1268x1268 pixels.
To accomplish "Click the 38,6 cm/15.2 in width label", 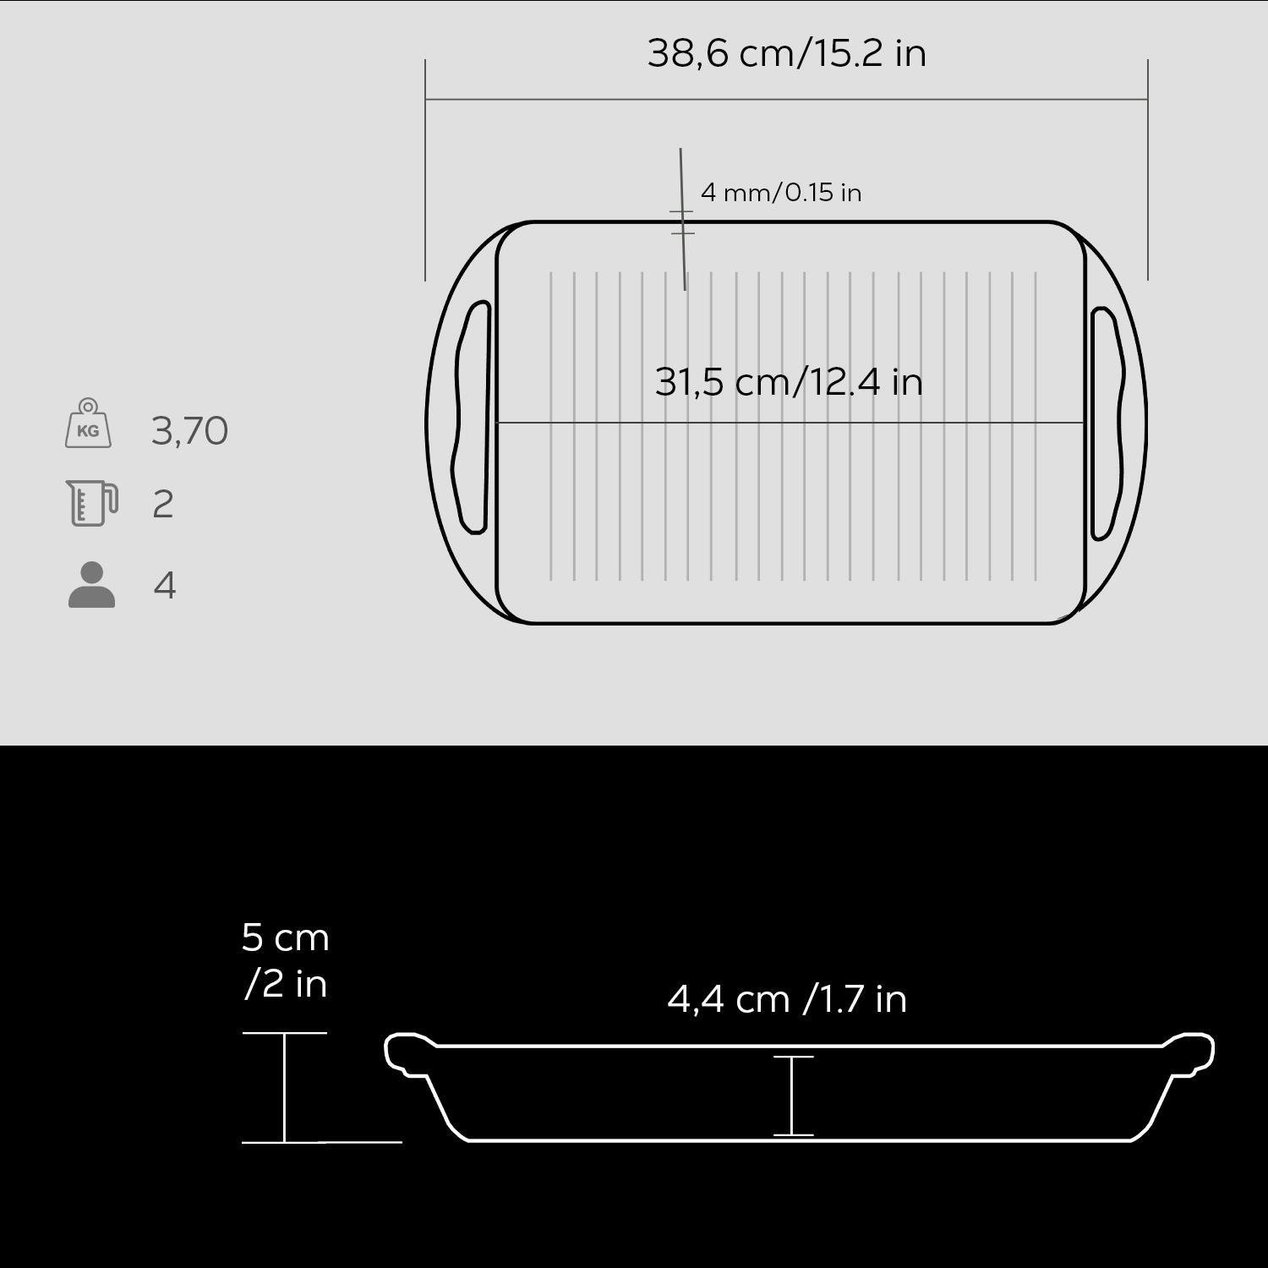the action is pyautogui.click(x=786, y=53).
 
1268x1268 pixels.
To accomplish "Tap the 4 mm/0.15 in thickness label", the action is pyautogui.click(x=781, y=193).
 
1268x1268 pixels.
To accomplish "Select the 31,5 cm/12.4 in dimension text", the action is pyautogui.click(x=789, y=382).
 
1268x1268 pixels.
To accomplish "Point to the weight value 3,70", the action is pyautogui.click(x=189, y=431).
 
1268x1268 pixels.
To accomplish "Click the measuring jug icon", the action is pyautogui.click(x=92, y=503).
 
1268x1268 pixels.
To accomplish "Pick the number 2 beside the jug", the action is pyautogui.click(x=163, y=505).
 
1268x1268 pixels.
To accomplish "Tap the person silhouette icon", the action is pyautogui.click(x=91, y=584).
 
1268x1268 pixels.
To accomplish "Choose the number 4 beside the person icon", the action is pyautogui.click(x=165, y=585).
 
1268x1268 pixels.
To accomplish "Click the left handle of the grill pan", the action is pyautogui.click(x=473, y=418).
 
